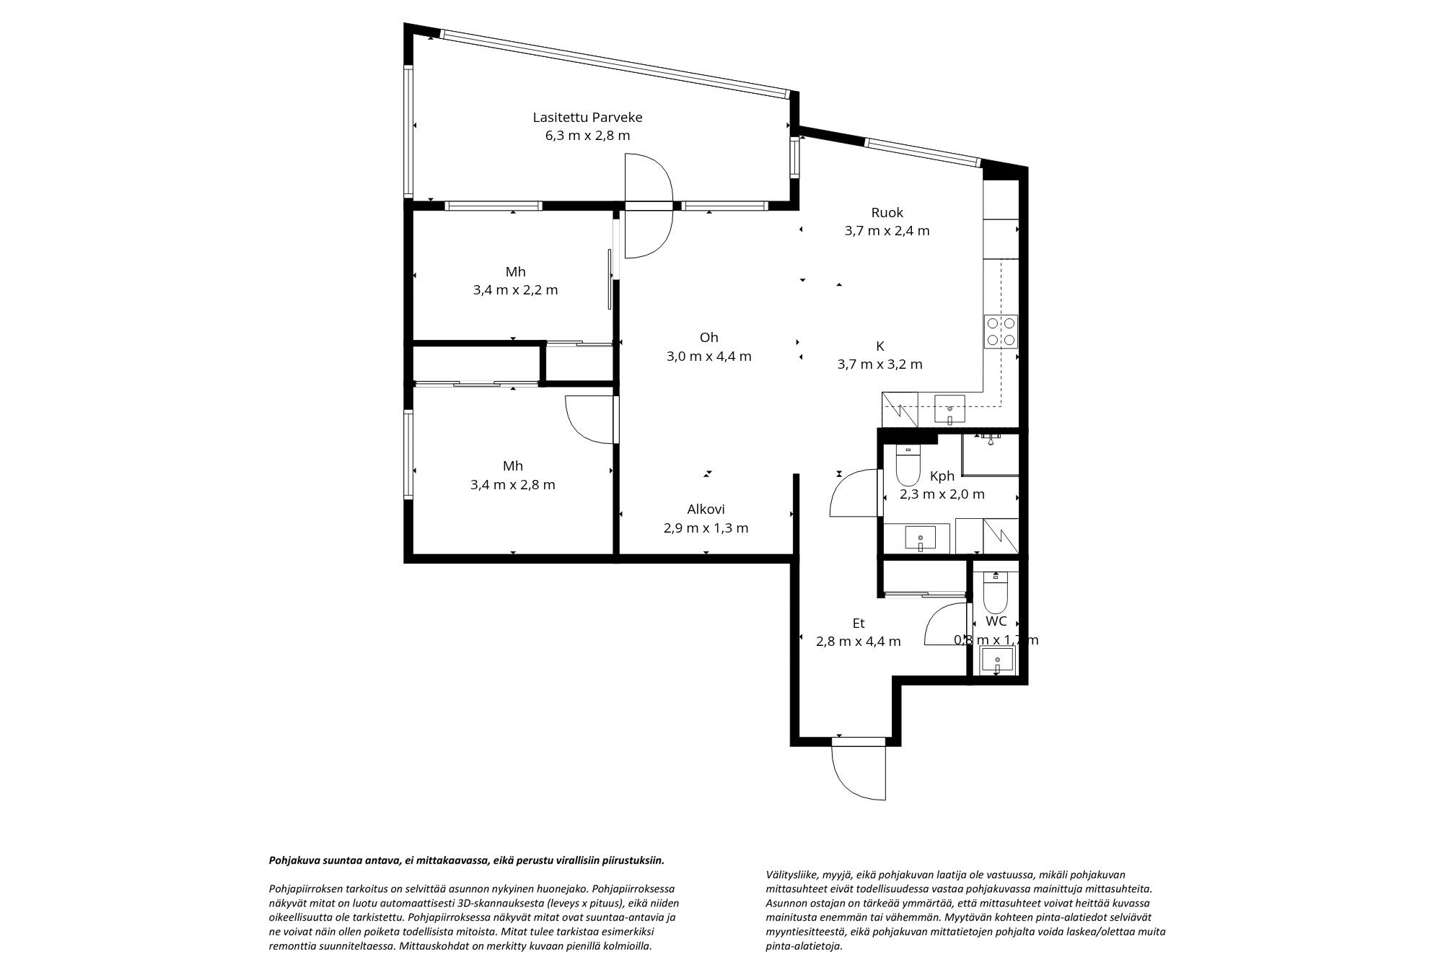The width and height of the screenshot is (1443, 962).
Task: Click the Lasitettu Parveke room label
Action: click(x=587, y=117)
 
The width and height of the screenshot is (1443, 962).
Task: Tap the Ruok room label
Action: click(x=887, y=213)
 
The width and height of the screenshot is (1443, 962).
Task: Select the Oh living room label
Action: click(x=709, y=338)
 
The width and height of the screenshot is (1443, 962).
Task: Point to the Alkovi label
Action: click(x=706, y=510)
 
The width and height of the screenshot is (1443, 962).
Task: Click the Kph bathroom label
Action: click(x=942, y=476)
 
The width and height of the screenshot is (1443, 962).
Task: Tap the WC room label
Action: click(x=996, y=621)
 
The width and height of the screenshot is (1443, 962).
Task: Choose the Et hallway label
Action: click(x=858, y=624)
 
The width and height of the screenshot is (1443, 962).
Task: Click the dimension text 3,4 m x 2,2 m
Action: click(x=515, y=290)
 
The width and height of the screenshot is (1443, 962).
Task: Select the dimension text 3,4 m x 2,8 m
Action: click(x=513, y=485)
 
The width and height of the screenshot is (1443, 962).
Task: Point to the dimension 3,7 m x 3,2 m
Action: click(x=880, y=364)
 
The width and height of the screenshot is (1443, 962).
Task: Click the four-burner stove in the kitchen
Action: click(x=1001, y=331)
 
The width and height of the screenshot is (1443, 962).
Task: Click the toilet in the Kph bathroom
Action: click(x=907, y=465)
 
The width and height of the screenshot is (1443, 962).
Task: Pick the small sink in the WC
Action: click(x=998, y=660)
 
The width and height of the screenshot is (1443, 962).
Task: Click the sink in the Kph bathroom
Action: click(x=920, y=538)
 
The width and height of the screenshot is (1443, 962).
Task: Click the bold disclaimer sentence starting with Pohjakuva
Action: click(x=466, y=860)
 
